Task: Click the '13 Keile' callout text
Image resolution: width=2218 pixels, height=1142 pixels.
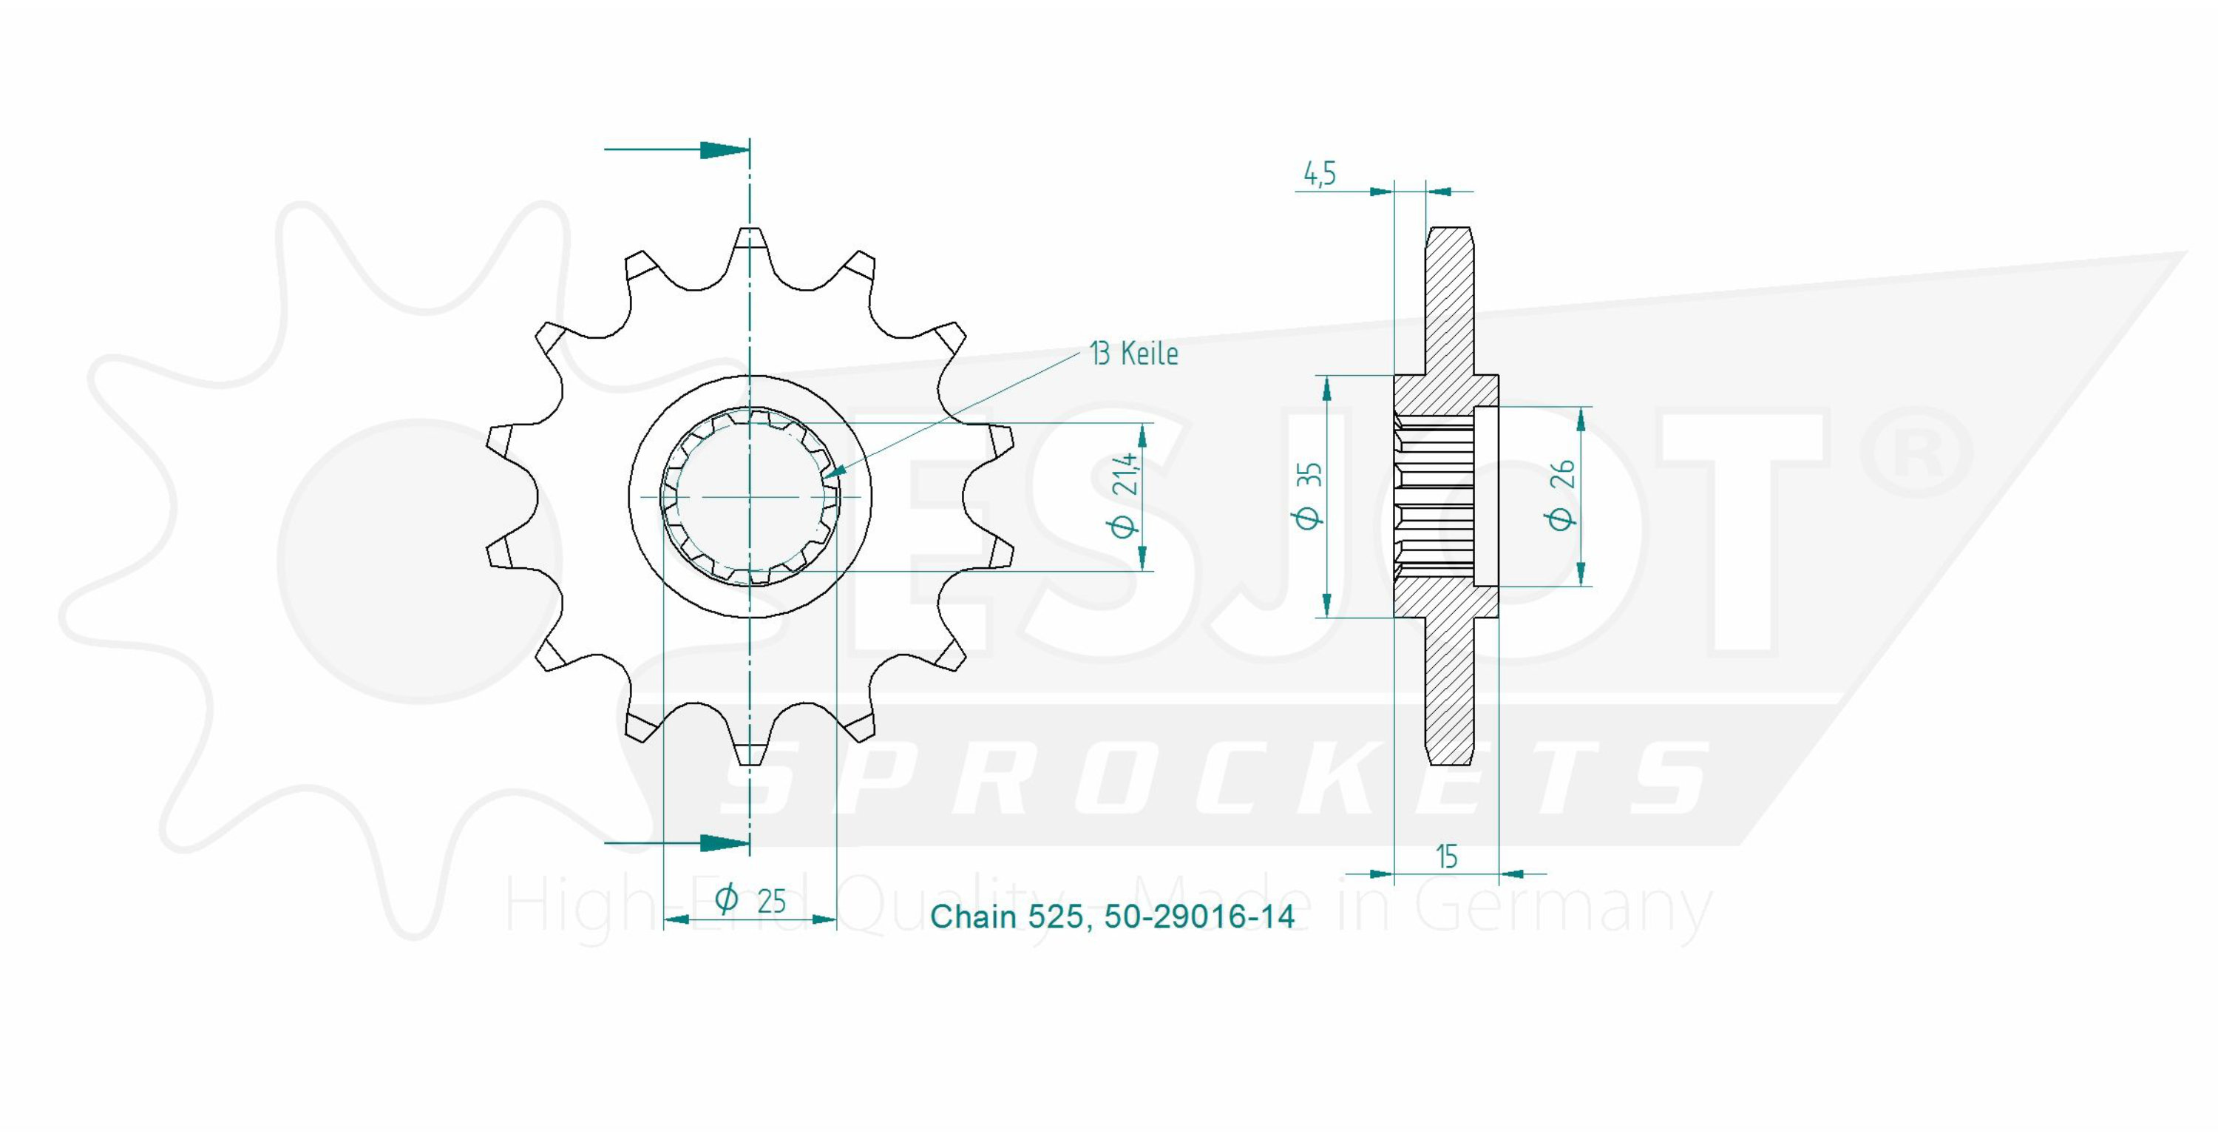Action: [x=1134, y=354]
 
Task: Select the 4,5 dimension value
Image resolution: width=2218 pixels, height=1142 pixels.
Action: [x=1319, y=174]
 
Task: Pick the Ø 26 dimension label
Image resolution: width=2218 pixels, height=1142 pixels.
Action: [x=1562, y=496]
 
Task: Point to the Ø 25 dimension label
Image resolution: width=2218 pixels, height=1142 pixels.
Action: [x=750, y=900]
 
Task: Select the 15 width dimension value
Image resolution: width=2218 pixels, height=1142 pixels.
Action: [x=1447, y=857]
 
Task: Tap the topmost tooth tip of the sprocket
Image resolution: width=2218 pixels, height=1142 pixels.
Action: [x=750, y=229]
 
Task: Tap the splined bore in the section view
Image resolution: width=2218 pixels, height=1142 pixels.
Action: [x=1434, y=496]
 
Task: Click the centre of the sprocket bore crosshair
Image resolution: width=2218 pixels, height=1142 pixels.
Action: [x=750, y=497]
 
